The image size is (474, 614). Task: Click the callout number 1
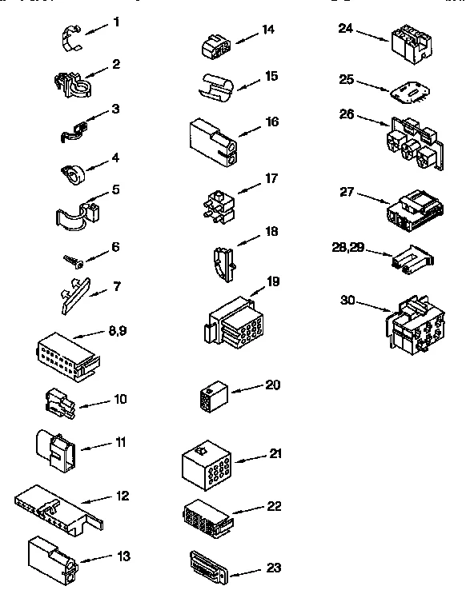tap(116, 22)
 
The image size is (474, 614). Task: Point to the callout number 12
tap(122, 496)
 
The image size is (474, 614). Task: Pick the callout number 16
tap(272, 122)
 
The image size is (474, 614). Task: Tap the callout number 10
tap(119, 399)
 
